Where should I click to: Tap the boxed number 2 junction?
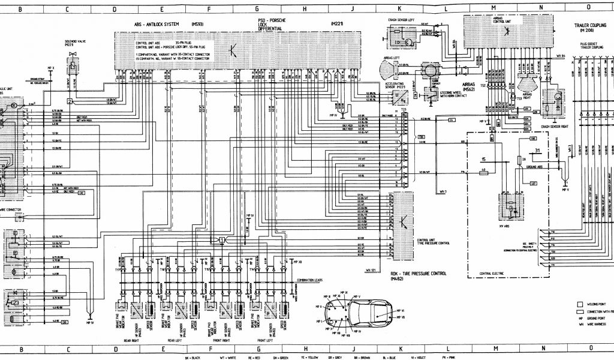70,101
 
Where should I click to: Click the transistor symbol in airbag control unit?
507,30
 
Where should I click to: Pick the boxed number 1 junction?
221,239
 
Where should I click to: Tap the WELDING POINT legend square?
579,304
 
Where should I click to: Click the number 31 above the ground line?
537,149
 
